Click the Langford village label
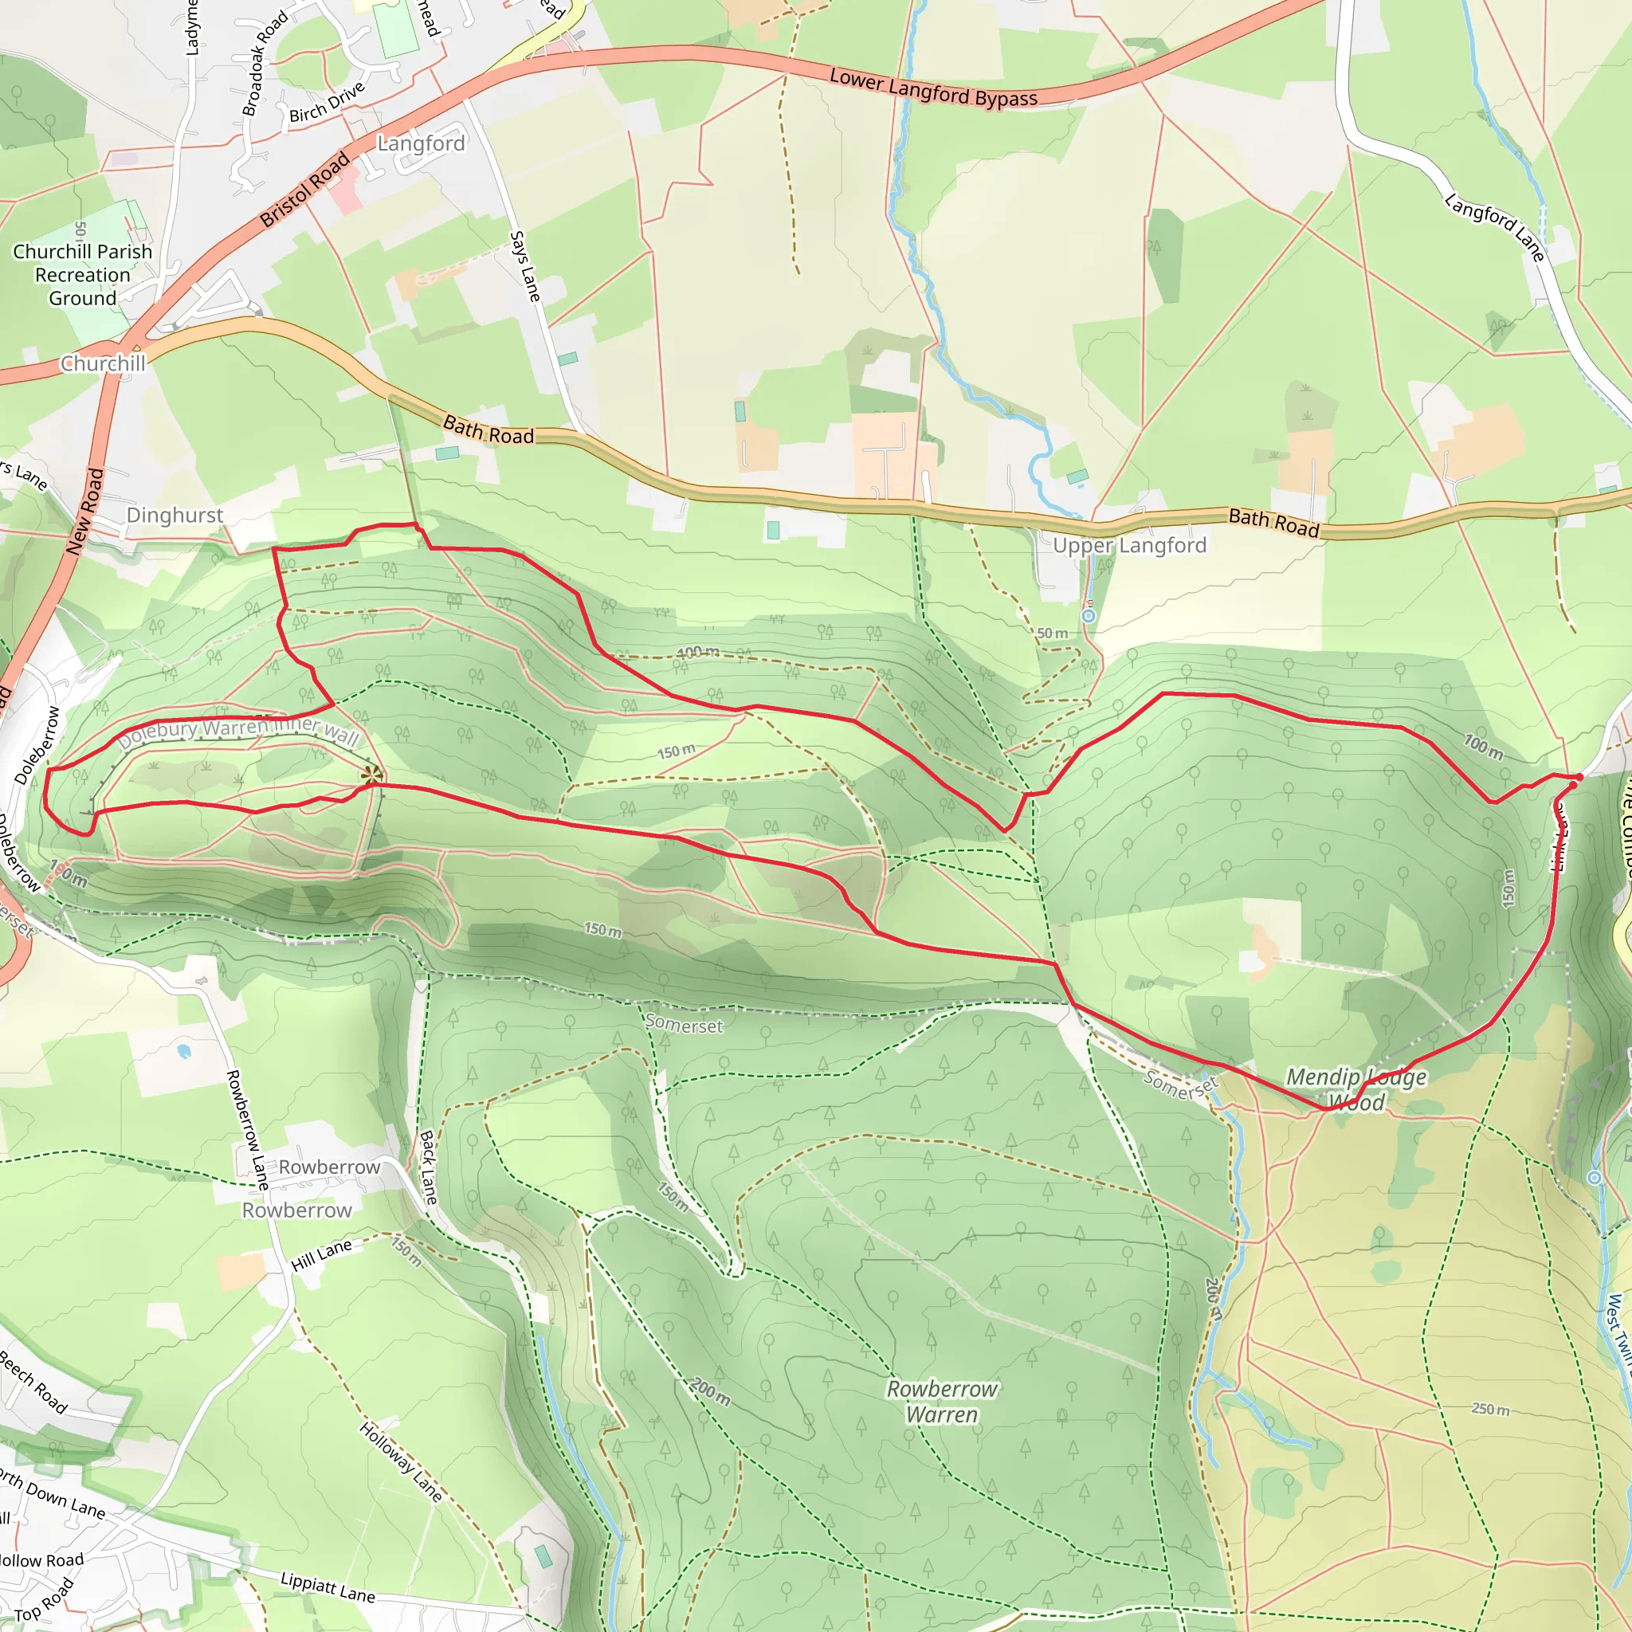click(x=421, y=143)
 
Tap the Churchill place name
click(x=103, y=364)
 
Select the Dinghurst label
click(x=175, y=516)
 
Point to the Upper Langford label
click(x=1129, y=546)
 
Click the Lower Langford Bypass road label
click(x=933, y=88)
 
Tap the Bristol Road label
click(x=305, y=189)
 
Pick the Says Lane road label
click(x=524, y=266)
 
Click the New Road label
click(x=84, y=512)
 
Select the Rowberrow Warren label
click(x=942, y=1402)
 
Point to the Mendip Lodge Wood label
click(x=1355, y=1089)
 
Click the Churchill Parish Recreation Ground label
click(x=83, y=276)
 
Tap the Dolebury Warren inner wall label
click(x=239, y=732)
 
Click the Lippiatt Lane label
click(x=328, y=1588)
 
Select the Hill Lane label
click(x=321, y=1256)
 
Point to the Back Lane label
click(x=428, y=1168)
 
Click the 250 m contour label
click(x=1490, y=1410)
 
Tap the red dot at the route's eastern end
click(x=1579, y=777)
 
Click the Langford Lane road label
click(x=1494, y=227)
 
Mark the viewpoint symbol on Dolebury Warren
click(x=371, y=775)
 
